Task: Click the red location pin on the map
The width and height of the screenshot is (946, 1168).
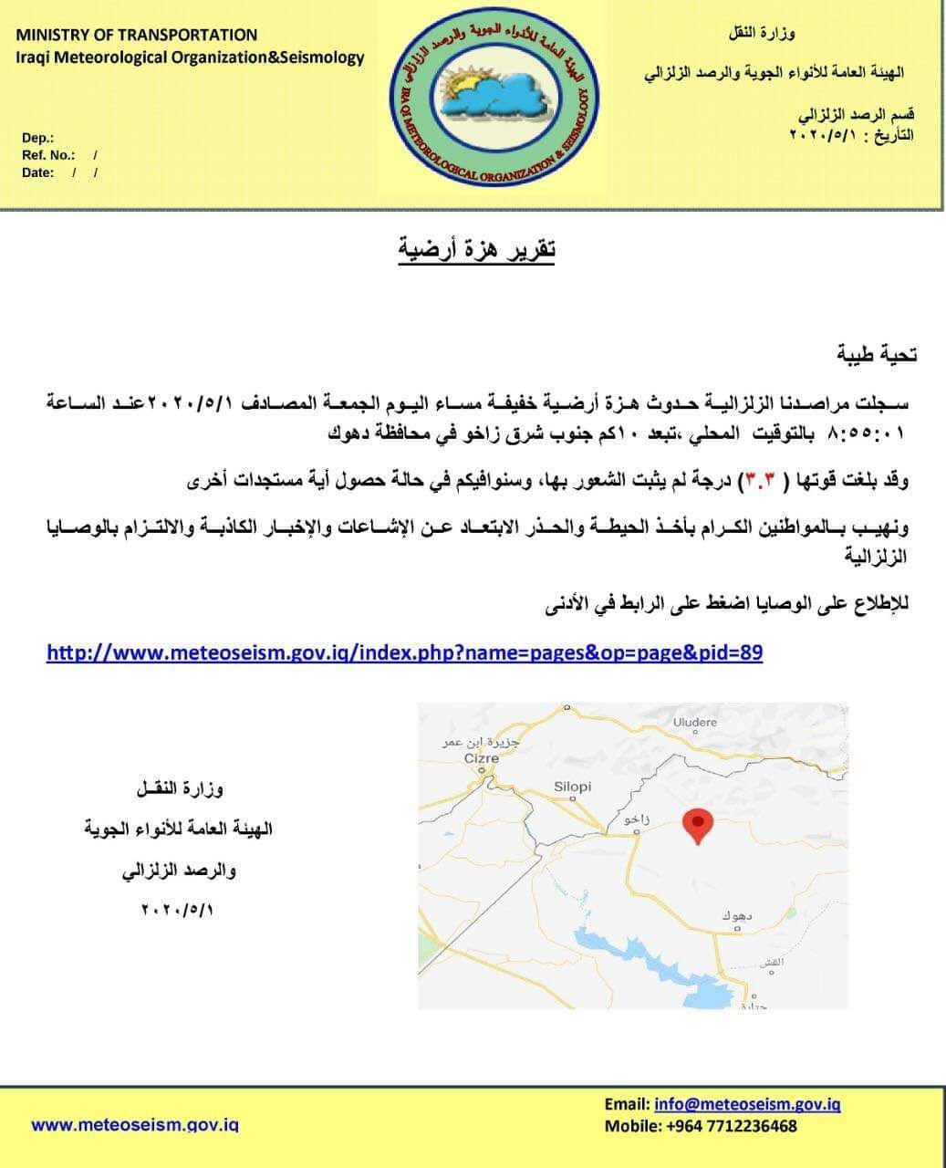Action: tap(698, 824)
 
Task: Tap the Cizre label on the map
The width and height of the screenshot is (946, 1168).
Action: tap(481, 758)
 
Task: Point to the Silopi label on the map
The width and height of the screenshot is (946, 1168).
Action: tap(573, 787)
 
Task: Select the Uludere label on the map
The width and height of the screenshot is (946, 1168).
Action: tap(695, 722)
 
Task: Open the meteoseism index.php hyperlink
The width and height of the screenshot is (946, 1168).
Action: tap(404, 652)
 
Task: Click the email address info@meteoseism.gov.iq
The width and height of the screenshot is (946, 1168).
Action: tap(747, 1104)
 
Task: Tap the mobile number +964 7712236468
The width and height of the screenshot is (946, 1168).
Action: tap(733, 1125)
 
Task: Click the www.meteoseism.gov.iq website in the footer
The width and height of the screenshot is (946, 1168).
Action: tap(135, 1124)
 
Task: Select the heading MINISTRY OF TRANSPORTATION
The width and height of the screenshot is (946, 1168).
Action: tap(137, 35)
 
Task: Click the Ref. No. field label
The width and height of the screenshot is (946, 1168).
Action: tap(48, 155)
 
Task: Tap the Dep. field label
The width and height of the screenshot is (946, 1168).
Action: tap(37, 138)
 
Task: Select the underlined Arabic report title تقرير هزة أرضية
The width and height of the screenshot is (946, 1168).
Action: tap(476, 249)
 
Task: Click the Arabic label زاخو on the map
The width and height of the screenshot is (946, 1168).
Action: tap(636, 819)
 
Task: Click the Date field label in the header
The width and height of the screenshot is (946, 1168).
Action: tap(38, 172)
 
